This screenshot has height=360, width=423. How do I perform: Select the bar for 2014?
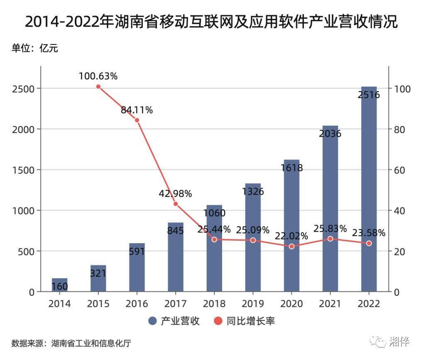click(x=59, y=285)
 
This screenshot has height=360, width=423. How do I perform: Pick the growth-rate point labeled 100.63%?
click(x=98, y=86)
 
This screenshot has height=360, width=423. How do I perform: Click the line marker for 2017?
click(x=176, y=204)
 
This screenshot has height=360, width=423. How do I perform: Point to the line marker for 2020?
click(x=291, y=247)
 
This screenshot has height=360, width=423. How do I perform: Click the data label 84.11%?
click(x=137, y=110)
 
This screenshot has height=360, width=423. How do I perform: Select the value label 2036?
click(x=330, y=134)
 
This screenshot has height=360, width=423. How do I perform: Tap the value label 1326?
click(x=253, y=192)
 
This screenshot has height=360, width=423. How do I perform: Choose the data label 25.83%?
click(x=330, y=228)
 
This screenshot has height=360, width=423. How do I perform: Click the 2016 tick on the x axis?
click(x=137, y=304)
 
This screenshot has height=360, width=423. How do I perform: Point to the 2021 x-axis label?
click(x=330, y=304)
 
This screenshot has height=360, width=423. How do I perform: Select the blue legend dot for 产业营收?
click(x=152, y=321)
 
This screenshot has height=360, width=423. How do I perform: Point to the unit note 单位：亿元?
click(x=35, y=48)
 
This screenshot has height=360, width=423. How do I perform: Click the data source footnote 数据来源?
click(x=71, y=344)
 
